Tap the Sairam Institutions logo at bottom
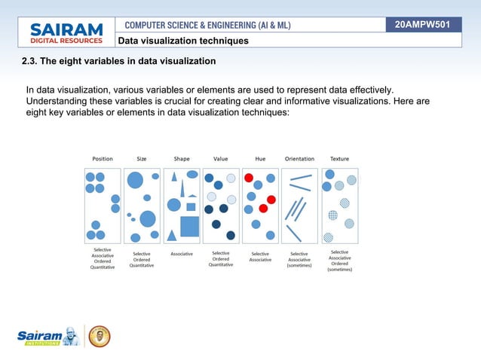(x=47, y=336)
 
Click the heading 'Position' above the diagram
(x=103, y=159)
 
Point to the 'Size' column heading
(x=141, y=159)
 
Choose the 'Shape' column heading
(x=182, y=159)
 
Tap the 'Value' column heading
(x=221, y=159)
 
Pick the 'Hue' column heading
(x=260, y=159)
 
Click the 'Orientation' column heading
(x=299, y=159)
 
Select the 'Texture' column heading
(x=339, y=159)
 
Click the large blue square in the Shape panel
(x=190, y=226)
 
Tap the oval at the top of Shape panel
(x=192, y=174)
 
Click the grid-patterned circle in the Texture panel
(x=332, y=215)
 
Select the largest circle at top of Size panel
(x=135, y=179)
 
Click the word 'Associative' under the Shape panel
(x=181, y=254)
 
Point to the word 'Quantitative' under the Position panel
(x=103, y=267)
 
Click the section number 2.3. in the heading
(x=32, y=60)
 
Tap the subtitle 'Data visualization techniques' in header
(x=182, y=41)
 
